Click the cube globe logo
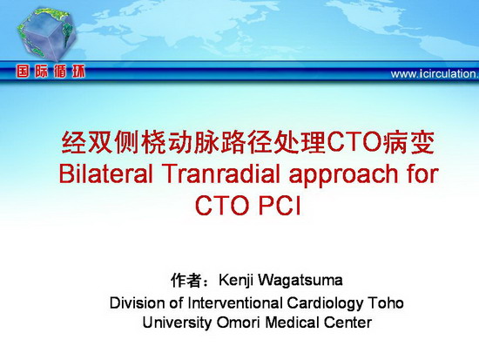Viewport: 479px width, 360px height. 46,34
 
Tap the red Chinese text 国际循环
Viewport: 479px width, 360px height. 51,72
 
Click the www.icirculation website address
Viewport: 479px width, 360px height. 435,74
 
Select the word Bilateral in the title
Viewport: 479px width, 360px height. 105,173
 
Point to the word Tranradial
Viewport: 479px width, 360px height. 221,173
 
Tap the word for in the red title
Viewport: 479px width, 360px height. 422,173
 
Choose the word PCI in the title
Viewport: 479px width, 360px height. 280,205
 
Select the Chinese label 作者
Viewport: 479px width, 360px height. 186,280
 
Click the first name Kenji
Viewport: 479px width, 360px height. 235,281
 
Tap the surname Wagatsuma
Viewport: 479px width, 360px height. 300,281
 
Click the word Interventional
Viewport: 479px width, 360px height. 235,302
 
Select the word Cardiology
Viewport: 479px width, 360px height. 325,304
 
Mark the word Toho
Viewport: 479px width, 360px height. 386,302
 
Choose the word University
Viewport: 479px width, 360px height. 177,323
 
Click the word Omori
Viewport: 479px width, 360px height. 239,323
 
